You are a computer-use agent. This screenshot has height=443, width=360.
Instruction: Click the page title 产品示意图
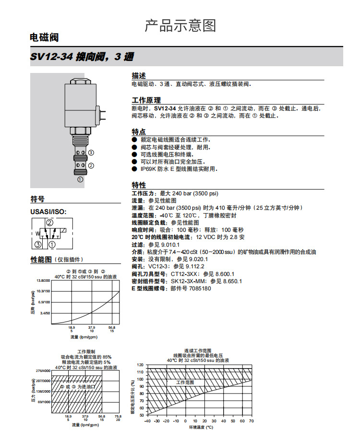pyautogui.click(x=180, y=26)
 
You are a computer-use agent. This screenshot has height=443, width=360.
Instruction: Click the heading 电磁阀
pyautogui.click(x=44, y=38)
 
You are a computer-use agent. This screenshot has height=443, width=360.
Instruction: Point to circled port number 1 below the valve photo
pyautogui.click(x=80, y=180)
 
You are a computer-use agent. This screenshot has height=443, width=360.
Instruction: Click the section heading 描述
pyautogui.click(x=139, y=76)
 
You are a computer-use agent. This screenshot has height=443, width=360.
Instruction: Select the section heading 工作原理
pyautogui.click(x=146, y=101)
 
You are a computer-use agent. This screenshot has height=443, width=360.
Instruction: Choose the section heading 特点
pyautogui.click(x=139, y=132)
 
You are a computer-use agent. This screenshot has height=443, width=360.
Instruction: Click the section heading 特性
pyautogui.click(x=139, y=185)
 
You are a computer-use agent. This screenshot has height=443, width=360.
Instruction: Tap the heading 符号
pyautogui.click(x=37, y=199)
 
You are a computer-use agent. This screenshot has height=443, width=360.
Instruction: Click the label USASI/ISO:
pyautogui.click(x=48, y=212)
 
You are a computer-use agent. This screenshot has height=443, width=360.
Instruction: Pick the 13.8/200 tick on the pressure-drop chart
pyautogui.click(x=43, y=280)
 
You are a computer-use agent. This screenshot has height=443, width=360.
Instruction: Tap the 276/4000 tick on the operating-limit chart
pyautogui.click(x=43, y=371)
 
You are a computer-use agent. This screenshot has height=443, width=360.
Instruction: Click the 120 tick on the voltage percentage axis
pyautogui.click(x=140, y=365)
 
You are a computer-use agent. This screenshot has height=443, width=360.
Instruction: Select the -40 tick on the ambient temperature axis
pyautogui.click(x=147, y=420)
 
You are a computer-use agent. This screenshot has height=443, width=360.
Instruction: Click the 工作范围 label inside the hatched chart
pyautogui.click(x=185, y=383)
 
